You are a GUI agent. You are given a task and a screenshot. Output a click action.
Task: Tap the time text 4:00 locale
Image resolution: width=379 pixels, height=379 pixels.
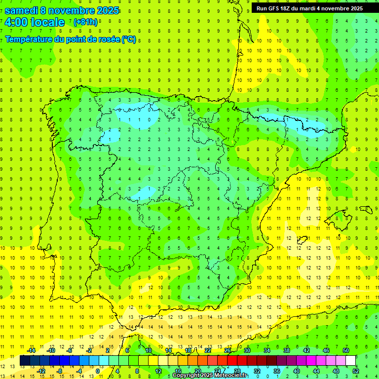34,22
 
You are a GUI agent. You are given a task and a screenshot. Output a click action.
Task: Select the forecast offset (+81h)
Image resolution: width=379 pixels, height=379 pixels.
85,22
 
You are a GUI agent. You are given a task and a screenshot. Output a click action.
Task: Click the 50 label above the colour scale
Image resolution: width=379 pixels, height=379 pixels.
346,350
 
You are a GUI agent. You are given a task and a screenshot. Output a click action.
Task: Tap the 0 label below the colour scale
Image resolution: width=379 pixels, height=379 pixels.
98,371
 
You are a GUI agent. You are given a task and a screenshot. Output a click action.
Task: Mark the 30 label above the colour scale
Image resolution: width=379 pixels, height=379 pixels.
247,350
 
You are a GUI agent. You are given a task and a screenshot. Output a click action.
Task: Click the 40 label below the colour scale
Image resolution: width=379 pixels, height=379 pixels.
297,371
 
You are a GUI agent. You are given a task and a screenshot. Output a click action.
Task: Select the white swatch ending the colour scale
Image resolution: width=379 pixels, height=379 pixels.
351,361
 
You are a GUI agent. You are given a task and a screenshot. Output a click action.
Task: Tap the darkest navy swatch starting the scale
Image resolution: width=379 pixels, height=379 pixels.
25,361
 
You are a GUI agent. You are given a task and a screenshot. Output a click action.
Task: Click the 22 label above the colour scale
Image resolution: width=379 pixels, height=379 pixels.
208,350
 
